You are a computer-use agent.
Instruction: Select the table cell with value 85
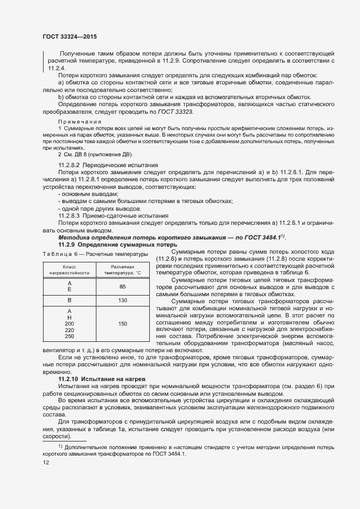click(x=122, y=286)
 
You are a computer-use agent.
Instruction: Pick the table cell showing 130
click(x=122, y=301)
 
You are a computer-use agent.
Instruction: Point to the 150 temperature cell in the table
click(x=122, y=324)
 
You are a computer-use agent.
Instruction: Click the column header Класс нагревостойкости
click(x=69, y=270)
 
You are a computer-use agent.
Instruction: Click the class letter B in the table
click(x=69, y=301)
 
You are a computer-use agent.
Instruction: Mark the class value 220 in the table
click(x=69, y=330)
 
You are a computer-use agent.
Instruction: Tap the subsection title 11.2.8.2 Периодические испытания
click(x=108, y=164)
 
